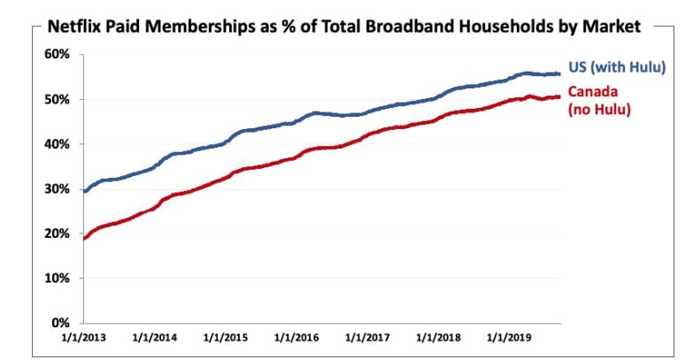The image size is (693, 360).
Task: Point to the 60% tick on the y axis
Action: (x=58, y=54)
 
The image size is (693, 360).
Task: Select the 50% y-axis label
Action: (x=58, y=99)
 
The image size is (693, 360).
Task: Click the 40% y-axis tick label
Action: (x=58, y=143)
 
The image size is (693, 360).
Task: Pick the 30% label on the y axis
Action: (x=58, y=188)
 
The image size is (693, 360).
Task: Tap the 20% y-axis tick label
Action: (x=58, y=234)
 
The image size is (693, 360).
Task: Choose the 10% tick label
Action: (x=58, y=278)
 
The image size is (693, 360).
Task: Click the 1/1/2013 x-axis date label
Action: (x=84, y=338)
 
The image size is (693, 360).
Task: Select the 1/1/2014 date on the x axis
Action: (x=155, y=338)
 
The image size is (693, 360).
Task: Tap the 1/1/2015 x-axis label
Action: (x=226, y=338)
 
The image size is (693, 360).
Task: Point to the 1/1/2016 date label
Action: (x=296, y=338)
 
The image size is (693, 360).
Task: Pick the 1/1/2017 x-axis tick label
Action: (x=368, y=338)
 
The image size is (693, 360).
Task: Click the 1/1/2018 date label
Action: (x=439, y=338)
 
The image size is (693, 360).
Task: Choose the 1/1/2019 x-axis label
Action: (x=510, y=338)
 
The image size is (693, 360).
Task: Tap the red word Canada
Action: (x=592, y=92)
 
